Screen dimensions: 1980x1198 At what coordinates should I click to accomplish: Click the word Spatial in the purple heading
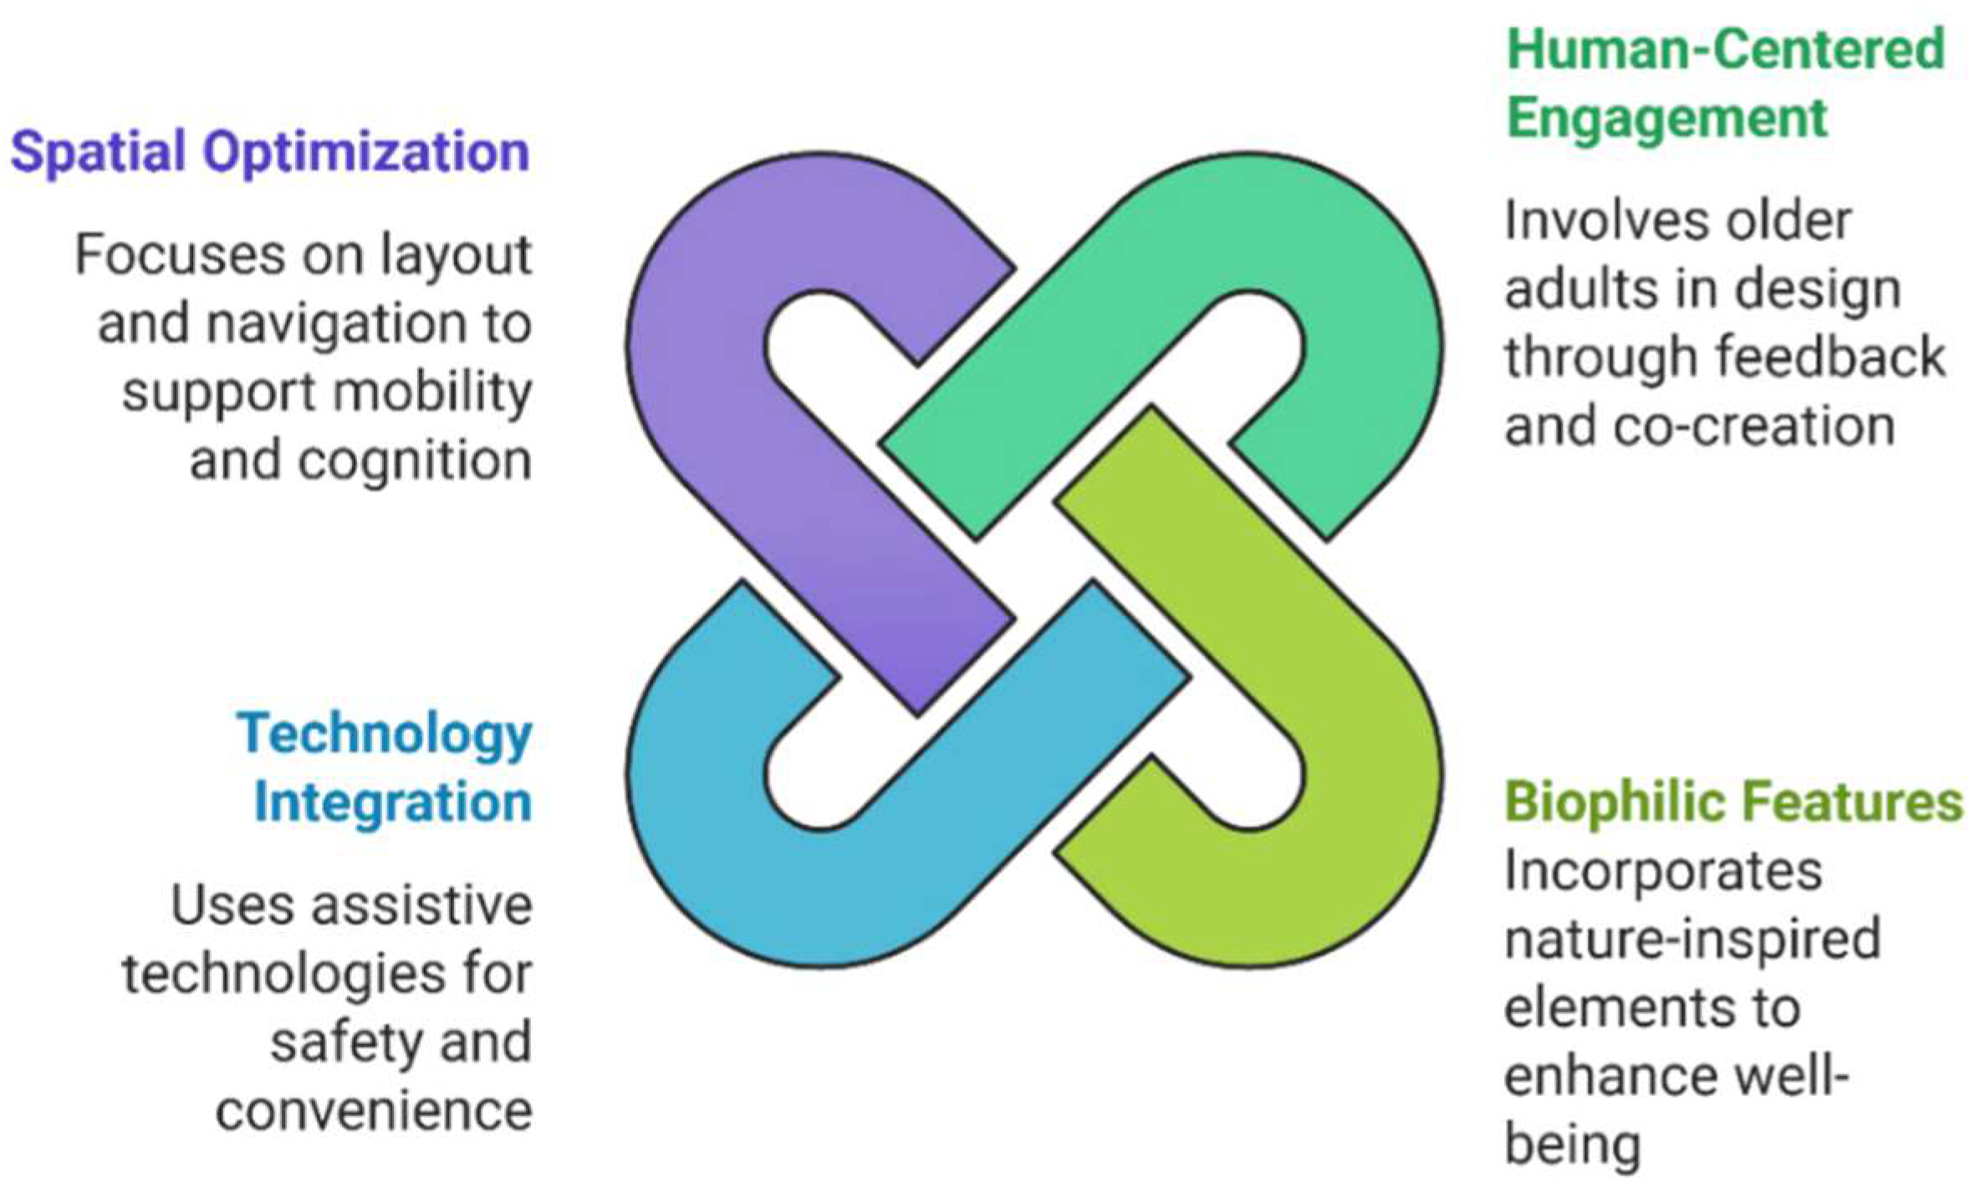pyautogui.click(x=98, y=152)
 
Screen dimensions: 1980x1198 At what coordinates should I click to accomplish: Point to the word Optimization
pyautogui.click(x=367, y=154)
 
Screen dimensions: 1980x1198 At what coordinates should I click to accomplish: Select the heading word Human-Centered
pyautogui.click(x=1725, y=49)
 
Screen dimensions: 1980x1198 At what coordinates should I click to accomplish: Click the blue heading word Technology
pyautogui.click(x=385, y=736)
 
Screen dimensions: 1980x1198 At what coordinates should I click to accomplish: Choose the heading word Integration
pyautogui.click(x=393, y=803)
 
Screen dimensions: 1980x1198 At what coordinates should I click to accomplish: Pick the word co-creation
pyautogui.click(x=1754, y=426)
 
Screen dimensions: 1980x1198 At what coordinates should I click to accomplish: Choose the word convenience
pyautogui.click(x=374, y=1111)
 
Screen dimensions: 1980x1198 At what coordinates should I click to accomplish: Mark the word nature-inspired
pyautogui.click(x=1692, y=940)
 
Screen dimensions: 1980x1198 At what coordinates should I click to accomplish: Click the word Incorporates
pyautogui.click(x=1663, y=872)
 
